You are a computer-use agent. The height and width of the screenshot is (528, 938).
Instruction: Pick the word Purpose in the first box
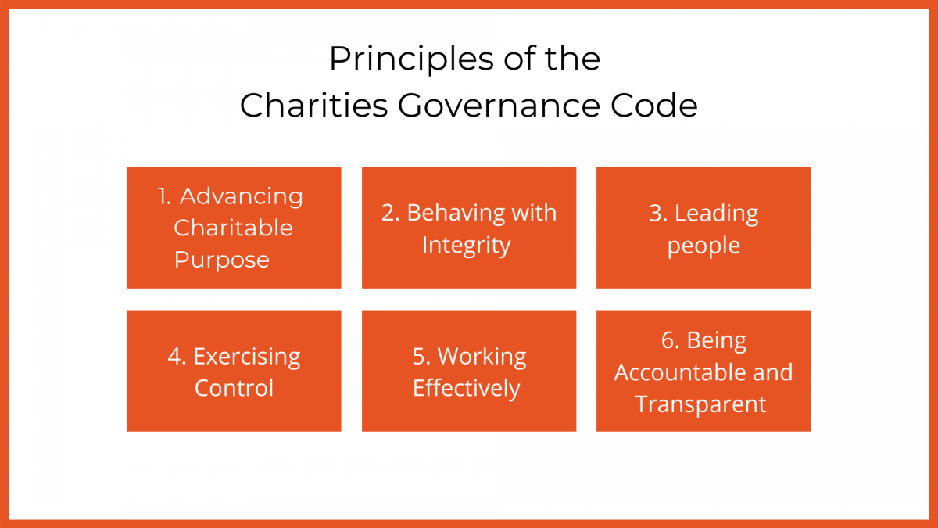pos(222,260)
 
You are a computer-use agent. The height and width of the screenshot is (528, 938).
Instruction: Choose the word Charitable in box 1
pos(233,228)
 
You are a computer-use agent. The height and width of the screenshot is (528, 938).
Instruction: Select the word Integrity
pos(466,245)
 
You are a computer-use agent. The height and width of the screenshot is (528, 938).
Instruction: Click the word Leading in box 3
pos(716,213)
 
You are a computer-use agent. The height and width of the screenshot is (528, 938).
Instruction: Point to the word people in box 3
pos(703,246)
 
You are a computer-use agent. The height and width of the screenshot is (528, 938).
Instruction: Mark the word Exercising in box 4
pos(247,357)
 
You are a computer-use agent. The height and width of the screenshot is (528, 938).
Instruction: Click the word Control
pos(234,388)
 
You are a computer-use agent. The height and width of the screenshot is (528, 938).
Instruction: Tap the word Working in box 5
pos(482,357)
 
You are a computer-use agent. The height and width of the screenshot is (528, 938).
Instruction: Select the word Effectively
pos(467,389)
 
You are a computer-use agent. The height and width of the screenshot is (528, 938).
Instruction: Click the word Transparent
pos(700,404)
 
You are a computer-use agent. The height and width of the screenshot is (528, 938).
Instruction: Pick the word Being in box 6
pos(716,340)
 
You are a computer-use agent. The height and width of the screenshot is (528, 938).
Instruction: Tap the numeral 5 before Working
pos(419,357)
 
